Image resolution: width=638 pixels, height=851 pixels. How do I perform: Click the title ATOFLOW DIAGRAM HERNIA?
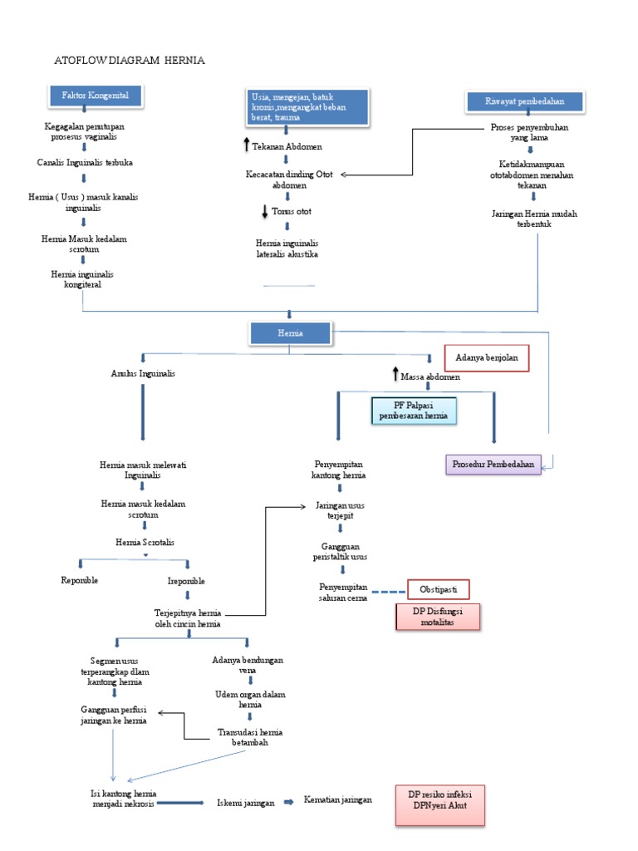[x=129, y=61]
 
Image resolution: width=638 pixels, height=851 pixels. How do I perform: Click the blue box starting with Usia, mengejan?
[x=307, y=108]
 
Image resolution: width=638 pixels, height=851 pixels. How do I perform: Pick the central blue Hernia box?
[x=290, y=332]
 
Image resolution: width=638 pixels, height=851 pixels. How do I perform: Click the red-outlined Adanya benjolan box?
[x=486, y=359]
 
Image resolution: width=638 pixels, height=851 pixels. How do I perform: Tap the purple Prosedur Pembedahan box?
[x=493, y=463]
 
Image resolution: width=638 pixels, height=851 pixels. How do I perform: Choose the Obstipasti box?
[x=438, y=589]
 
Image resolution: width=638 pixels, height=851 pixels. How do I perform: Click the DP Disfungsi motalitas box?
[x=438, y=616]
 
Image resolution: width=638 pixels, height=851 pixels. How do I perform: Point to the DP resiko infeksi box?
[x=439, y=804]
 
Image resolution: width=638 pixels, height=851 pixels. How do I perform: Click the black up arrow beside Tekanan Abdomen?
[x=246, y=145]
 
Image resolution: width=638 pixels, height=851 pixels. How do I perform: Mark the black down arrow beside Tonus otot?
[x=265, y=211]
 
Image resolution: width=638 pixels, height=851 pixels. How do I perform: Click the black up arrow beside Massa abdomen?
[x=395, y=375]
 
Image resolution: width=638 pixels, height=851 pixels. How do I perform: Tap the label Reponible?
[x=80, y=580]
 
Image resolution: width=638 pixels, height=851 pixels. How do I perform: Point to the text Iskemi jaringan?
[x=246, y=803]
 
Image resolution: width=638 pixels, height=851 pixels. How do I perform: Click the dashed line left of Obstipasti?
[x=385, y=591]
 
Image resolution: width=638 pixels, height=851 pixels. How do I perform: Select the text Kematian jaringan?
[x=338, y=799]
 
